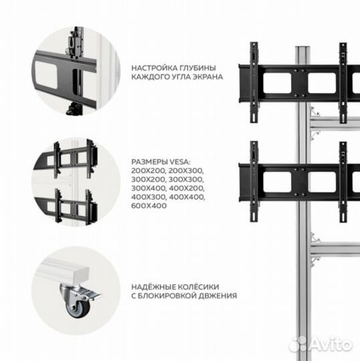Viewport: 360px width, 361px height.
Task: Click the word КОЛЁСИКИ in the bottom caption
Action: pos(200,286)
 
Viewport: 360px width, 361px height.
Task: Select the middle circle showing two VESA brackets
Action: pos(71,181)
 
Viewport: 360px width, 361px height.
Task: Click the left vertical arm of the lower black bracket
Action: pos(254,180)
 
